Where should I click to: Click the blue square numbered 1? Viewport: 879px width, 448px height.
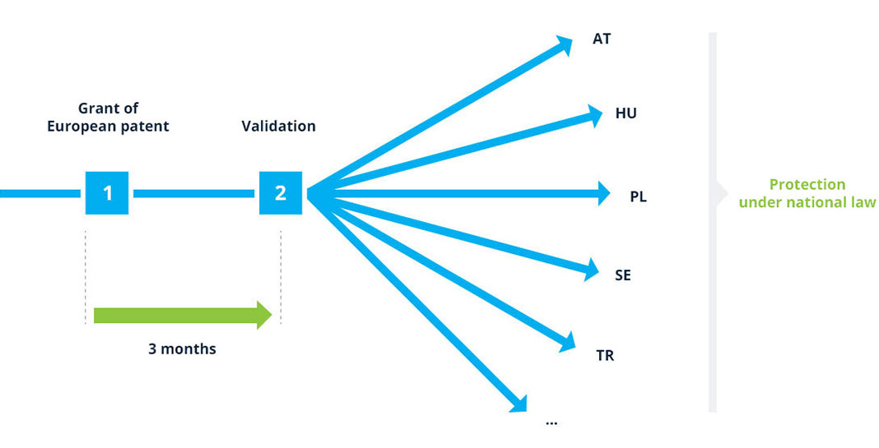[106, 193]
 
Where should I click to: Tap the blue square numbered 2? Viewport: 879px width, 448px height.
[281, 193]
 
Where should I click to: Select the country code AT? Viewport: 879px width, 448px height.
[602, 39]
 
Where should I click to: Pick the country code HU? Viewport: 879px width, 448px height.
[626, 113]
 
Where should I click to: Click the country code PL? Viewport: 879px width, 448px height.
[639, 197]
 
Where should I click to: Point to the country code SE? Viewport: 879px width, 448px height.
[623, 275]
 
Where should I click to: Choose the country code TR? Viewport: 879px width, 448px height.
[606, 356]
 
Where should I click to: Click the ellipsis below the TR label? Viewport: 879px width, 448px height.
[551, 423]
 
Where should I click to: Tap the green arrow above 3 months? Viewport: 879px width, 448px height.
[183, 315]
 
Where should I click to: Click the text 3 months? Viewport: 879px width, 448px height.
[182, 349]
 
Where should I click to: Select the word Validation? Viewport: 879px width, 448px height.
[279, 126]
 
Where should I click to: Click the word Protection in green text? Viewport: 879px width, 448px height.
[807, 184]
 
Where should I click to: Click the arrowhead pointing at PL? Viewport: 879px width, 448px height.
[603, 193]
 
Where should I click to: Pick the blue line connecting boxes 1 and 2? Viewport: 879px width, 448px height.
[194, 193]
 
